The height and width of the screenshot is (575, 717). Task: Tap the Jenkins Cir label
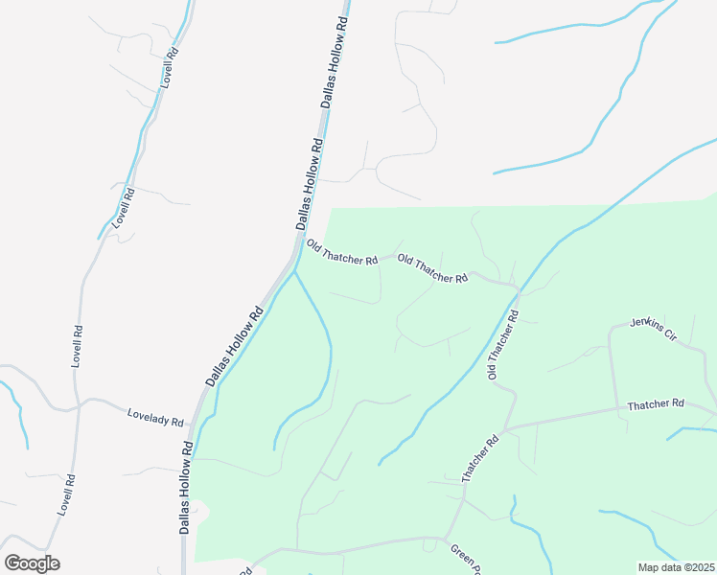click(653, 331)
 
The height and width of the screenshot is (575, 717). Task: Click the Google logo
click(32, 563)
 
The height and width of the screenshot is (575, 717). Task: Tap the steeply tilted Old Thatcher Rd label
click(503, 343)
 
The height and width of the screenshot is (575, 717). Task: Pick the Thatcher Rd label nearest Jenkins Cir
click(656, 405)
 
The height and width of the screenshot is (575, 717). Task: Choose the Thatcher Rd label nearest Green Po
click(480, 459)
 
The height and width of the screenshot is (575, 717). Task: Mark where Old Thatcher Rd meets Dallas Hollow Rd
click(294, 249)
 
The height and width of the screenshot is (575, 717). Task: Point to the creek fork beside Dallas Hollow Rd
click(293, 271)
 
